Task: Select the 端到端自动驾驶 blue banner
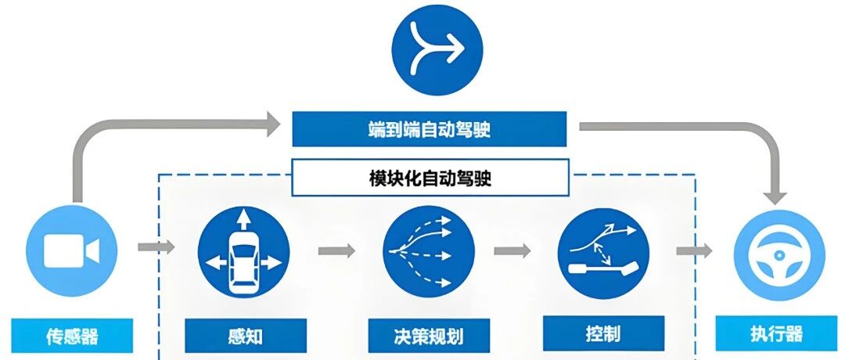point(429,129)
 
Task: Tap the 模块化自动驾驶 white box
point(429,178)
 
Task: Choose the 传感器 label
point(71,336)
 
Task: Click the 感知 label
point(243,336)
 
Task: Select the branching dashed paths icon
point(428,250)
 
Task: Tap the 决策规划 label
point(428,336)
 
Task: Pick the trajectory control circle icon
point(603,250)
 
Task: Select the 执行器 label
point(779,334)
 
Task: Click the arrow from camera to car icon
point(156,248)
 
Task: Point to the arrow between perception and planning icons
point(336,251)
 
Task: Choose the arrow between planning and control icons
point(512,251)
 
